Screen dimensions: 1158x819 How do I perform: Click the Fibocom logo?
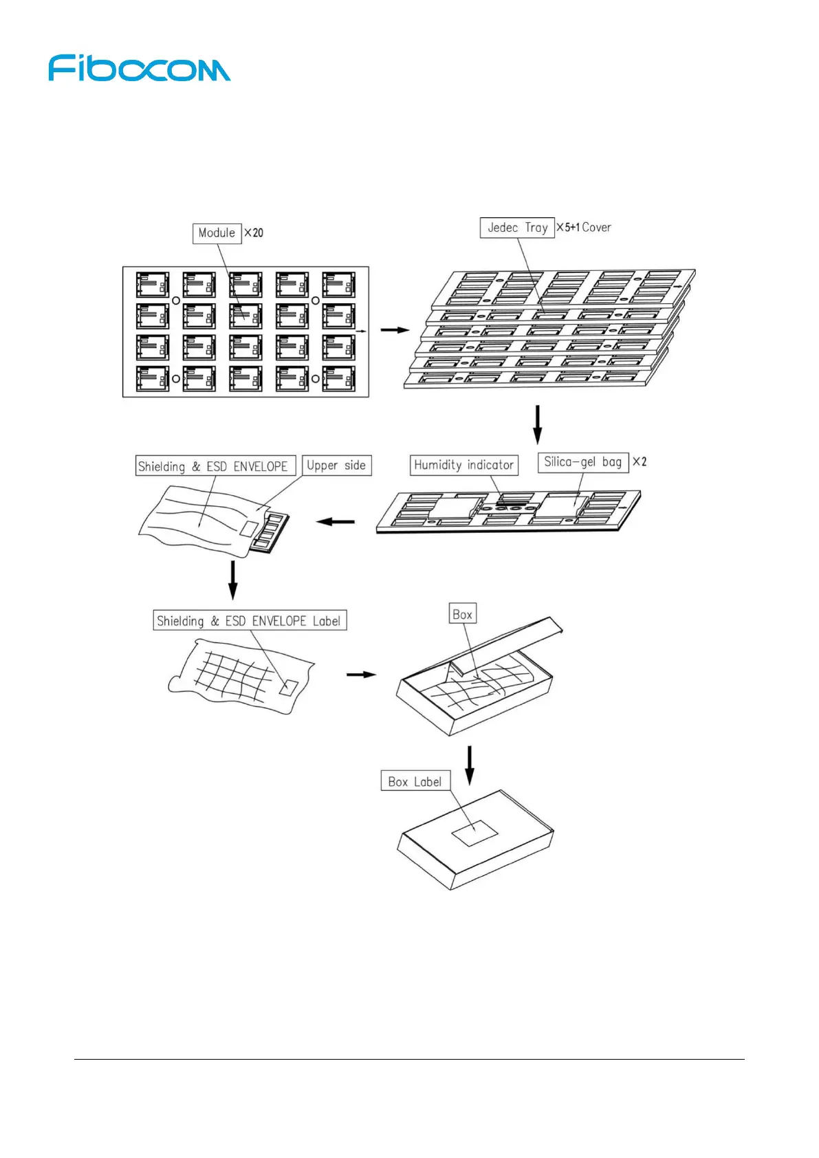tap(139, 69)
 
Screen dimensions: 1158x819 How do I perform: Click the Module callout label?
tap(217, 233)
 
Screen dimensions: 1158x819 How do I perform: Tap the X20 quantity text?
tap(254, 233)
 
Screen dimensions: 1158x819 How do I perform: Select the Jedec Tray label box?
tap(517, 228)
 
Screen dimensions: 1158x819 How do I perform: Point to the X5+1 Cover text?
tap(584, 228)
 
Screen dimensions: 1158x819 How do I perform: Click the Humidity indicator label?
tap(463, 465)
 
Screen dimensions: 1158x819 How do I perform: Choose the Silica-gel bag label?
tap(582, 462)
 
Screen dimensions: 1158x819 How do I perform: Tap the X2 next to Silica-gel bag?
tap(640, 462)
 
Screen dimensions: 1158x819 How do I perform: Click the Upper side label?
tap(336, 466)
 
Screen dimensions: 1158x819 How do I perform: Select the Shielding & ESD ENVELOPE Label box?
tap(249, 621)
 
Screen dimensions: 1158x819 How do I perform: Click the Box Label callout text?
tap(415, 781)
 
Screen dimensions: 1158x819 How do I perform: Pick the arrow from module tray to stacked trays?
tap(395, 331)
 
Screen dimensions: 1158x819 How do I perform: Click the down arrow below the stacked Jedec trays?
tap(538, 425)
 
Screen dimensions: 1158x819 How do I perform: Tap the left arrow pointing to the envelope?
tap(336, 522)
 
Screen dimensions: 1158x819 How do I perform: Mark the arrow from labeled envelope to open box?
tap(361, 675)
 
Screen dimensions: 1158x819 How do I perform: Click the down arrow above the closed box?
tap(470, 765)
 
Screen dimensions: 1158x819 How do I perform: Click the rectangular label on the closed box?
tap(474, 833)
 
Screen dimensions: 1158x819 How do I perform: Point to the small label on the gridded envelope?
tap(289, 687)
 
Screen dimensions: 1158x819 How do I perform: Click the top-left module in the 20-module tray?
tap(153, 285)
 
